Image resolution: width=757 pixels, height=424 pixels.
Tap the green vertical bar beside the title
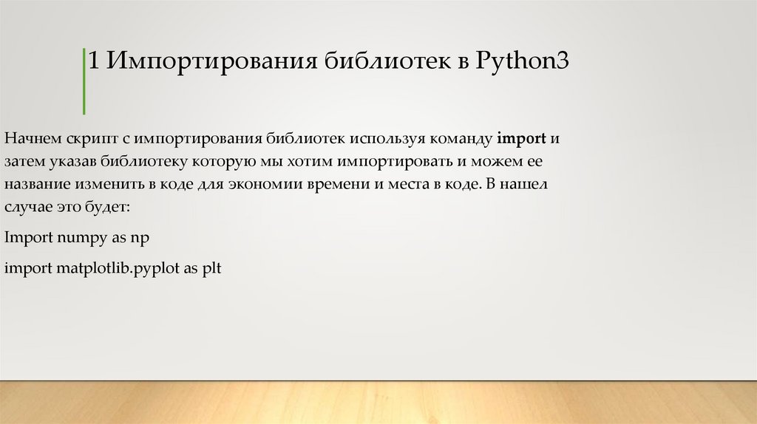84,81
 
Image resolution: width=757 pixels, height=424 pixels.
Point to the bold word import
521,138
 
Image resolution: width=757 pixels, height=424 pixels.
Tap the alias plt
213,269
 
